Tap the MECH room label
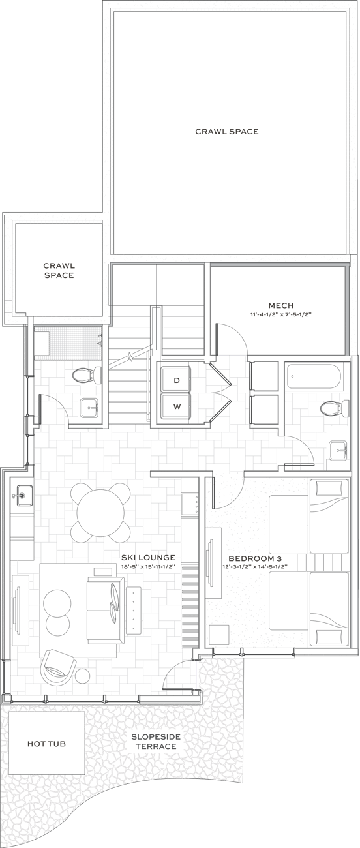280,305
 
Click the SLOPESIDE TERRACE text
156,741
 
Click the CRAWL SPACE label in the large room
227,131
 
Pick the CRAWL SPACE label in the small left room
59,270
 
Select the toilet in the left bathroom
84,376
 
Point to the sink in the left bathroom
89,407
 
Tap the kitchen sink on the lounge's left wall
22,494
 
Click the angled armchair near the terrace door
57,664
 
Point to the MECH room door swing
232,339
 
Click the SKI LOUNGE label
148,558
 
